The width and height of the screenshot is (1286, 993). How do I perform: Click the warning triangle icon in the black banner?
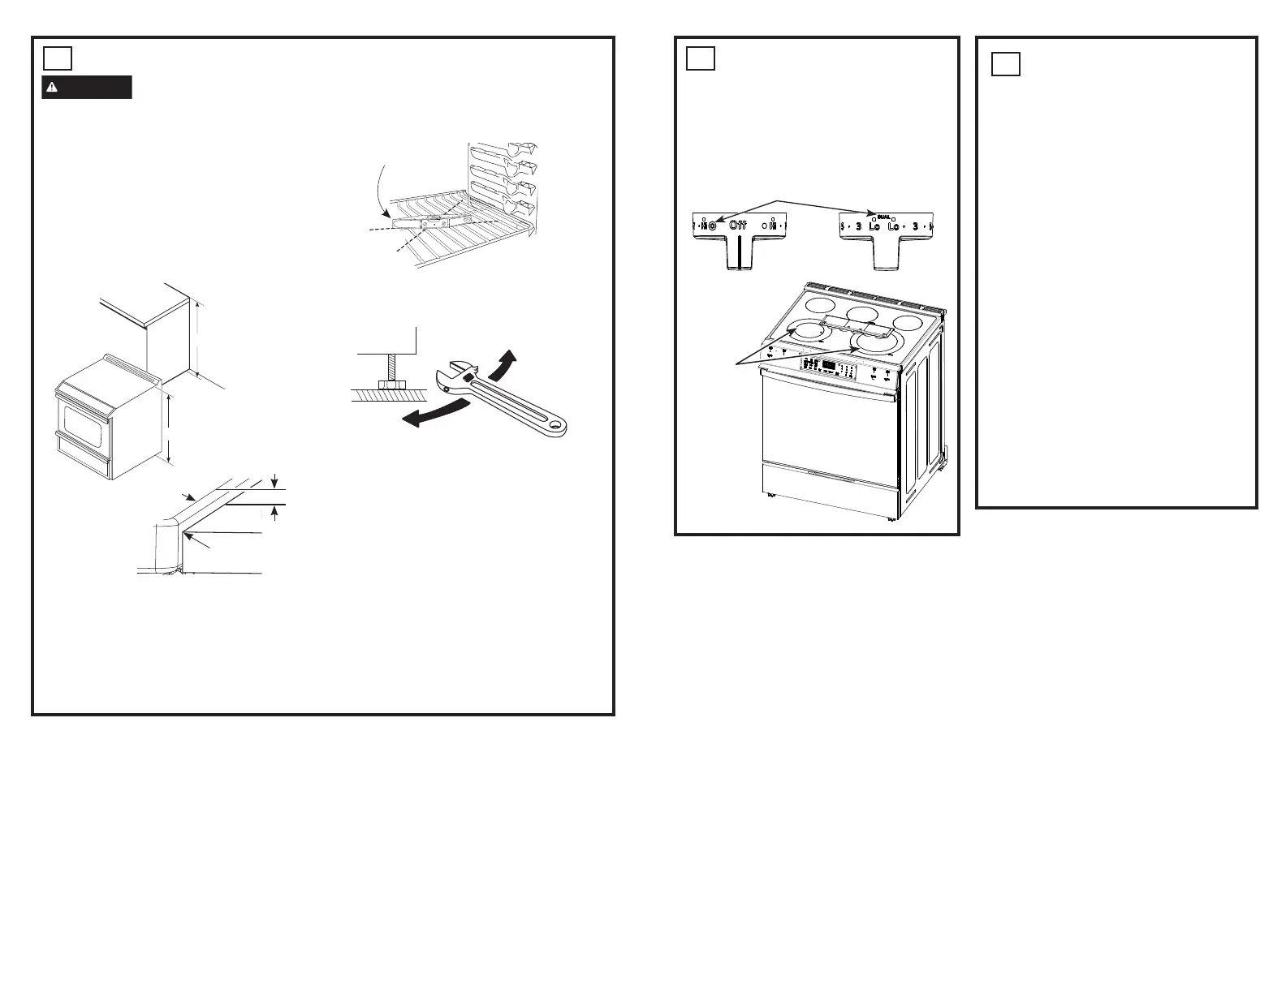(52, 88)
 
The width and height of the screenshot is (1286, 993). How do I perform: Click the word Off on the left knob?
(737, 225)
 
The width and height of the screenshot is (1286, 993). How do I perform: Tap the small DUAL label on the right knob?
(884, 217)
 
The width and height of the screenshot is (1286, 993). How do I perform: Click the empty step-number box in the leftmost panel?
(58, 58)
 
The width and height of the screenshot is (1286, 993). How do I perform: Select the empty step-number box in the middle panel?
(701, 58)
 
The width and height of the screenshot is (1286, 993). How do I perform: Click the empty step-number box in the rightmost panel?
(1006, 63)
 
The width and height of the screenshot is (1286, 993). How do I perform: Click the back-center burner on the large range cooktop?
(861, 314)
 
